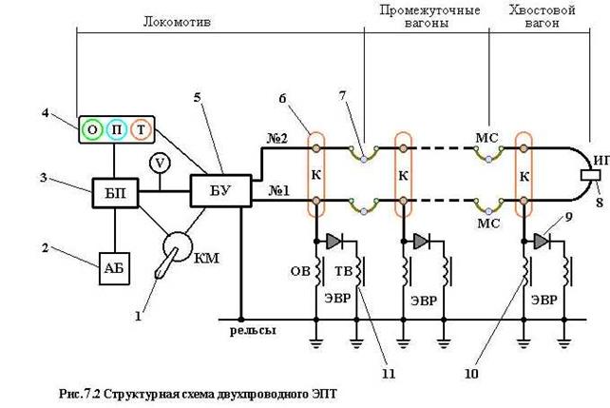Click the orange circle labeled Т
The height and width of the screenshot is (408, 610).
click(x=142, y=129)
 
